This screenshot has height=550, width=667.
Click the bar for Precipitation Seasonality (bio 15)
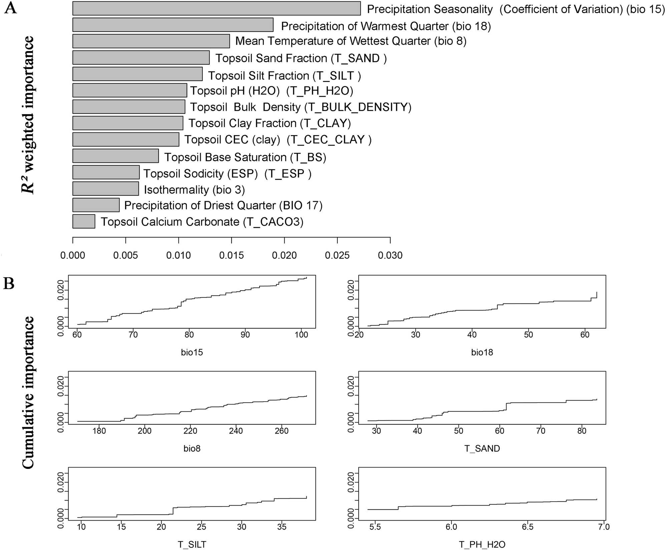[x=216, y=8]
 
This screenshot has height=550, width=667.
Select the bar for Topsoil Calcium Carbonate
[x=84, y=221]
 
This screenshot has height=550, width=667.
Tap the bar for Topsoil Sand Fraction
[x=141, y=58]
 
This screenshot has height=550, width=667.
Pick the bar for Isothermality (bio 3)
[x=105, y=189]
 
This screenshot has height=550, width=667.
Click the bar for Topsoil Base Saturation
[x=115, y=156]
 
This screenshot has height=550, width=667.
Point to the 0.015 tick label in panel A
[x=232, y=255]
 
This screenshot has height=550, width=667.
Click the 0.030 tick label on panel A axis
[x=390, y=255]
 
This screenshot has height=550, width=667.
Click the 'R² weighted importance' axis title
[x=29, y=115]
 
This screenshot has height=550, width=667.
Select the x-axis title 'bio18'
[x=482, y=352]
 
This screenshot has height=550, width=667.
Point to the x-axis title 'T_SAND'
[x=482, y=449]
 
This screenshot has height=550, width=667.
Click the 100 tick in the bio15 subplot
[x=301, y=335]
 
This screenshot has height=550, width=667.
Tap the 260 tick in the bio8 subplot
[x=281, y=431]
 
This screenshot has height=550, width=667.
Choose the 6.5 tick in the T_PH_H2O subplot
[x=528, y=527]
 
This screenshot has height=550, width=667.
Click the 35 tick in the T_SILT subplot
[x=282, y=527]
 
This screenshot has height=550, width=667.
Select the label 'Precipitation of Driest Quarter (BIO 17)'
[x=223, y=205]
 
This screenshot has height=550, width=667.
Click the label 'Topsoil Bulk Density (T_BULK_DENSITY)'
[x=301, y=107]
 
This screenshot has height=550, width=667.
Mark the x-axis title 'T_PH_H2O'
[x=482, y=545]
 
